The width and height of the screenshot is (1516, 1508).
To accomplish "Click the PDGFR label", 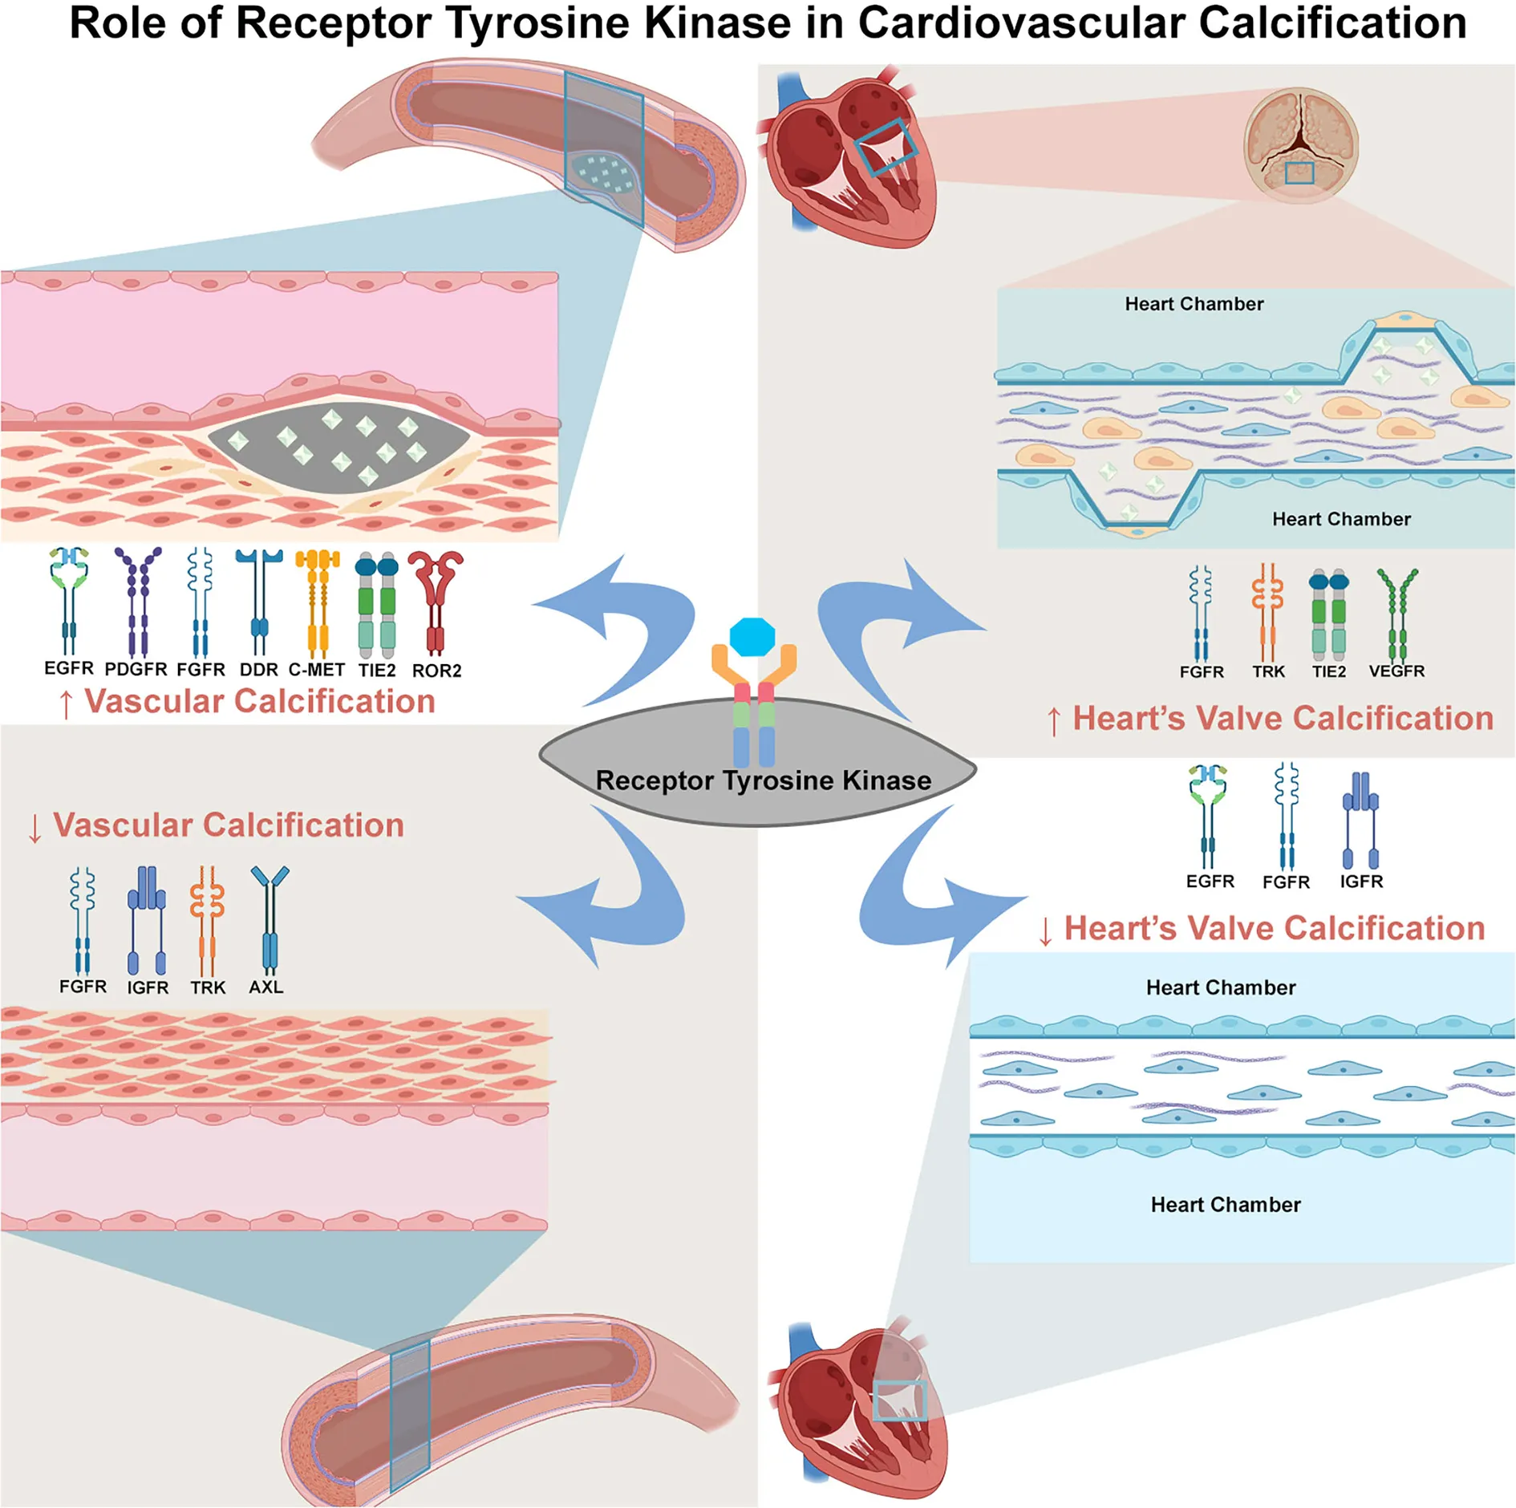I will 136,669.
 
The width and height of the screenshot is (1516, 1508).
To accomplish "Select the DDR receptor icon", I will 258,602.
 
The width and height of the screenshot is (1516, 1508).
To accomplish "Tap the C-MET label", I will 317,670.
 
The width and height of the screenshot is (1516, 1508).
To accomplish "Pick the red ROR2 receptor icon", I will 436,602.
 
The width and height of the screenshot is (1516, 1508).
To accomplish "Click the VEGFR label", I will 1396,671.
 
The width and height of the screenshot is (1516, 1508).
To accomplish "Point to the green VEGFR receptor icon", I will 1397,614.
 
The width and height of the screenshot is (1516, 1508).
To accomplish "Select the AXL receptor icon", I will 270,919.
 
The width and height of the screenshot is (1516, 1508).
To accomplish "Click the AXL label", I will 266,987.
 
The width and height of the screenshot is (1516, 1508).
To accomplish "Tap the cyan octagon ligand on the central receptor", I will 752,637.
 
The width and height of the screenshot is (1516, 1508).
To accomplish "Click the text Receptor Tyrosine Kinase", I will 764,780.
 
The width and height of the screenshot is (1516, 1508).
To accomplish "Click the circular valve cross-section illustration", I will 1300,145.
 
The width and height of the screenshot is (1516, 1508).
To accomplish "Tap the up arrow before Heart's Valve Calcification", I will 1054,721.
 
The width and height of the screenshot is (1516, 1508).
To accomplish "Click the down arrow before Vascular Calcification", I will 34,829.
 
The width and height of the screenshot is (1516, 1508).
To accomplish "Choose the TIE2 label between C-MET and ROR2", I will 377,670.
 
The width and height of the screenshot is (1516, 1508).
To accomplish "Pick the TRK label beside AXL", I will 208,987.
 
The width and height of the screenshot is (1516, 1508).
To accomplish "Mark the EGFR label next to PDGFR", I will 69,668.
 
